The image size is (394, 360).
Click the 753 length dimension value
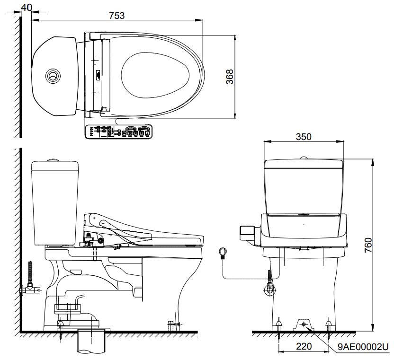117,16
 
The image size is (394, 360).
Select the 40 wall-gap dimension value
27,8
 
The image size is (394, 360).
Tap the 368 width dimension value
230,77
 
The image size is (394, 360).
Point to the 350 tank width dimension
304,137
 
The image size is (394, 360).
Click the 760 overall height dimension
368,245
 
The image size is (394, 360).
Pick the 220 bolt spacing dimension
304,346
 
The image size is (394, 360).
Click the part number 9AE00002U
363,347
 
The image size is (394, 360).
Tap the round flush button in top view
53,76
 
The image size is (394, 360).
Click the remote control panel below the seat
118,132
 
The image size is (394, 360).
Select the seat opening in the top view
155,75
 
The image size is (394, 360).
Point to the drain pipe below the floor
91,342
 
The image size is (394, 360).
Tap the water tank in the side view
55,203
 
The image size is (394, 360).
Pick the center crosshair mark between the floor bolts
304,325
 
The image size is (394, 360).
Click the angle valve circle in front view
270,290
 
